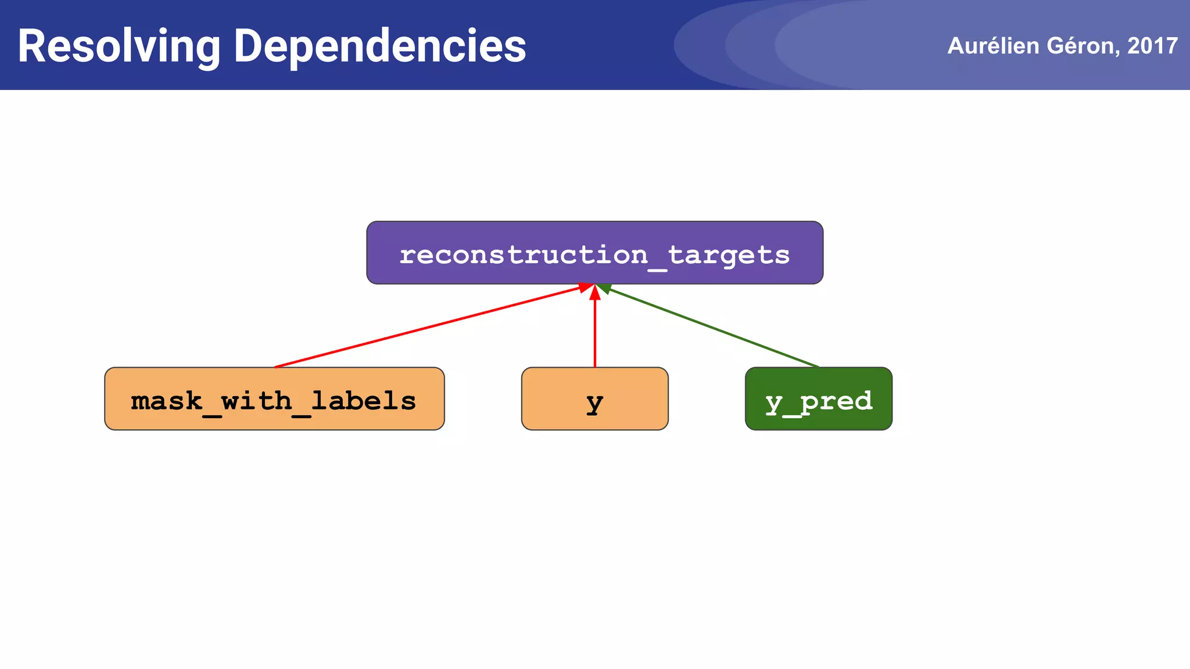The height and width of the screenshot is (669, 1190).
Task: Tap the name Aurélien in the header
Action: [993, 46]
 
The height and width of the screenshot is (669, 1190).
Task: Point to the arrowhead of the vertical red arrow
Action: [594, 293]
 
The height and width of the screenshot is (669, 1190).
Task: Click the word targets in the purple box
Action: [729, 255]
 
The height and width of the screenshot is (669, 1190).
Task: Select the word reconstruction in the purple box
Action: [523, 255]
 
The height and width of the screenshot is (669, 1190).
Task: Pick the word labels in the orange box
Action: [363, 401]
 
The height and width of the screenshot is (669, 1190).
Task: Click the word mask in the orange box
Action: [166, 401]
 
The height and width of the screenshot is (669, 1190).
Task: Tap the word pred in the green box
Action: [836, 401]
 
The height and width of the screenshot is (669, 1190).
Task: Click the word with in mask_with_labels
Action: [256, 401]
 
